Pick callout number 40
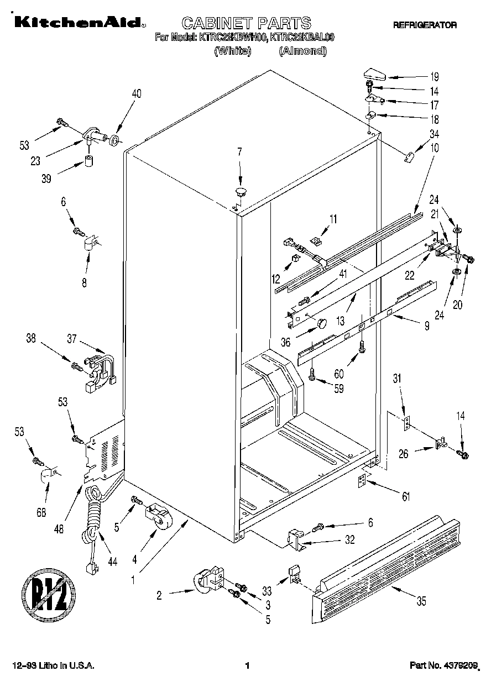[x=136, y=94]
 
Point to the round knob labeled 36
[x=320, y=323]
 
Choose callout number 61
[x=406, y=497]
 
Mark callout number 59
[x=338, y=389]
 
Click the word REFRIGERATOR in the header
[x=425, y=25]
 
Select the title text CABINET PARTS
[x=246, y=23]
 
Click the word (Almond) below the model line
[x=303, y=51]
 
